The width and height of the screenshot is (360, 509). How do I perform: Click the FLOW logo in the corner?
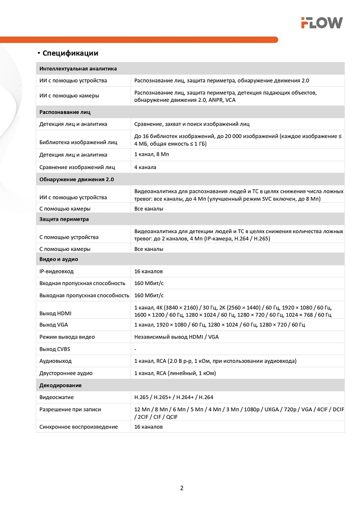pyautogui.click(x=321, y=22)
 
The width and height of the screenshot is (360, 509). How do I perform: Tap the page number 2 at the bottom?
pyautogui.click(x=182, y=488)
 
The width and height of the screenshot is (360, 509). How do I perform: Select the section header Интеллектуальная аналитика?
pyautogui.click(x=78, y=68)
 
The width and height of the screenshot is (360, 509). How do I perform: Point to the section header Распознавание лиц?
pyautogui.click(x=65, y=111)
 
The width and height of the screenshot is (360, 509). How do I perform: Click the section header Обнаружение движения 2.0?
pyautogui.click(x=76, y=180)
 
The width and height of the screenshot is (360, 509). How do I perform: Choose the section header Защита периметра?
pyautogui.click(x=64, y=219)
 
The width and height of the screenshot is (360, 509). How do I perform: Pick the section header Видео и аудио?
pyautogui.click(x=59, y=260)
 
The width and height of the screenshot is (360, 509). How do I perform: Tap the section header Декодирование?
pyautogui.click(x=61, y=385)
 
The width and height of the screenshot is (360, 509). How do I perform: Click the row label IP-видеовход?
pyautogui.click(x=57, y=272)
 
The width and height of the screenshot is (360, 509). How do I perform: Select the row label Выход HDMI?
pyautogui.click(x=56, y=312)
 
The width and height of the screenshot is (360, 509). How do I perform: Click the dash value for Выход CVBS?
pyautogui.click(x=135, y=349)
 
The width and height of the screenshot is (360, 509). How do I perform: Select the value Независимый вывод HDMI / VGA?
pyautogui.click(x=176, y=336)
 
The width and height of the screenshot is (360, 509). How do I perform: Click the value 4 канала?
pyautogui.click(x=145, y=167)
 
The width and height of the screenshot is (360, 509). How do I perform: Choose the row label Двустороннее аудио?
pyautogui.click(x=66, y=373)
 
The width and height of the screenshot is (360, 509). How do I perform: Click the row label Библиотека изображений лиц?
pyautogui.click(x=78, y=143)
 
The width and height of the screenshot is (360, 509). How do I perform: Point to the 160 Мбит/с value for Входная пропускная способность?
pyautogui.click(x=149, y=283)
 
